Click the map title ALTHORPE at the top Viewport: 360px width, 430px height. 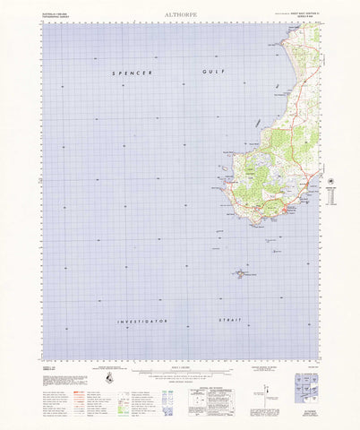pyautogui.click(x=179, y=14)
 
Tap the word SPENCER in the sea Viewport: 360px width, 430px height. pyautogui.click(x=131, y=72)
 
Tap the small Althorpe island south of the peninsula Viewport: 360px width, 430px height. pyautogui.click(x=242, y=272)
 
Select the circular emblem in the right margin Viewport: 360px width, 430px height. pyautogui.click(x=336, y=182)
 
